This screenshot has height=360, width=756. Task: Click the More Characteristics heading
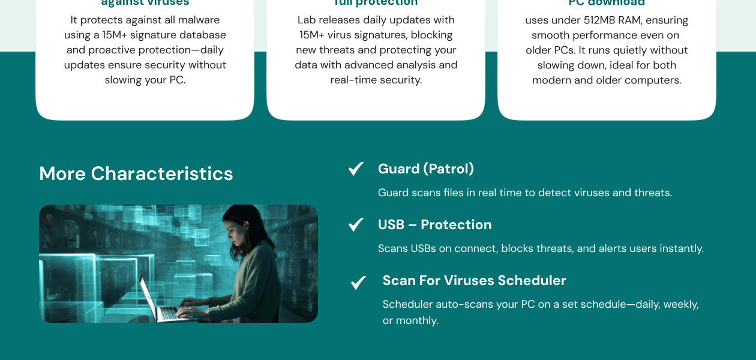point(136,174)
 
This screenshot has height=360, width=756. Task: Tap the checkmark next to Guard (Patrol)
point(356,169)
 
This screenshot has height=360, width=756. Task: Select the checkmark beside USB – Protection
point(356,225)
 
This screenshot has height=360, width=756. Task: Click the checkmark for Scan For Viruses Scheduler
point(358,283)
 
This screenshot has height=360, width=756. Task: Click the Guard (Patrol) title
point(425,169)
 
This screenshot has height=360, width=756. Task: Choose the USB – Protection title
point(434,225)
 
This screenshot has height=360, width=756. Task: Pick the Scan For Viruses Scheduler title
point(474,281)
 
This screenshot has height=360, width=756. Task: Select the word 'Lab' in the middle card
point(305,20)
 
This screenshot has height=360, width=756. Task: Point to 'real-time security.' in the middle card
point(376,80)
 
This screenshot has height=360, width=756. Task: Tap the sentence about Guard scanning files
point(524,193)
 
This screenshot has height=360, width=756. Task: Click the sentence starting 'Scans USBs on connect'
point(540,248)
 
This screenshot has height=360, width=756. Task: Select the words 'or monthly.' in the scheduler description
point(410,321)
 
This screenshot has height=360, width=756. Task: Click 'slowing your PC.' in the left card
point(145,80)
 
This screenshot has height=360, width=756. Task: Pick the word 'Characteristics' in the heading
point(162,174)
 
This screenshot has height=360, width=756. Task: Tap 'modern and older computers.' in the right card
point(607,80)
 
